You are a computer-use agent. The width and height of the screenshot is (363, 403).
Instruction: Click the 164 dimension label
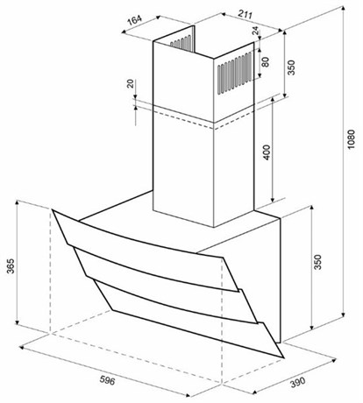click(135, 20)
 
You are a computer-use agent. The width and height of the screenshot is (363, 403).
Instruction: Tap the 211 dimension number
click(245, 14)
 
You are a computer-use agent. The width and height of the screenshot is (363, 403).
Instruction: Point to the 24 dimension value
click(255, 31)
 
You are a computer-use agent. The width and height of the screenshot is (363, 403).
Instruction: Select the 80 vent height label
click(265, 61)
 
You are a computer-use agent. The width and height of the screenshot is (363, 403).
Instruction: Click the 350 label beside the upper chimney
click(291, 67)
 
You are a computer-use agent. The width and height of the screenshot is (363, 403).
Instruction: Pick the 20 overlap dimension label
click(131, 83)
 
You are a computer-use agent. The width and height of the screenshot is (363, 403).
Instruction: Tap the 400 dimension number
click(267, 152)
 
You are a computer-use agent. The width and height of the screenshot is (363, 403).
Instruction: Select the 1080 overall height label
click(351, 139)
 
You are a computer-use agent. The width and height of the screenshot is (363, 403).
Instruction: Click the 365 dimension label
click(11, 265)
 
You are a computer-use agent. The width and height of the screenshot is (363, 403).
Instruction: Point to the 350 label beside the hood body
click(317, 262)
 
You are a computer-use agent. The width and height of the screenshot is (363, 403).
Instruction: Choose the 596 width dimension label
click(108, 380)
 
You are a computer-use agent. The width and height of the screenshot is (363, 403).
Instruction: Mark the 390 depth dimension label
click(297, 382)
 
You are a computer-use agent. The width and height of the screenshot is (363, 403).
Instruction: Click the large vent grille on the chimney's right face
click(234, 74)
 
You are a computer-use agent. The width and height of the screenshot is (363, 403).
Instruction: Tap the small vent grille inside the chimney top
click(181, 42)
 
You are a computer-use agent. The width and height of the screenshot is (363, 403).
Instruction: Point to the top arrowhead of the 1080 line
click(343, 9)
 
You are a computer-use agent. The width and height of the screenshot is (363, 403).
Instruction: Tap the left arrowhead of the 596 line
click(22, 348)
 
